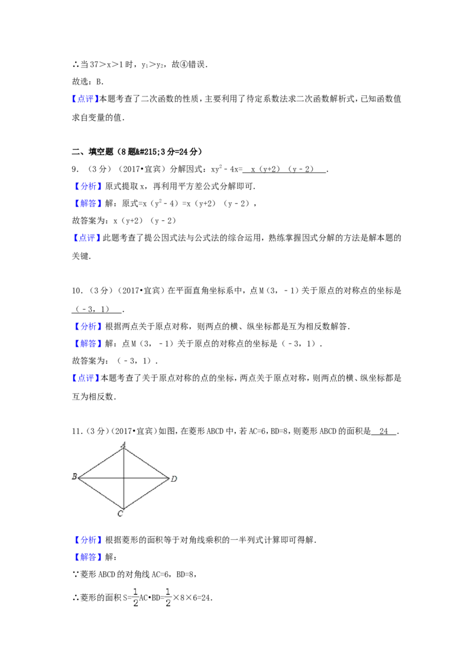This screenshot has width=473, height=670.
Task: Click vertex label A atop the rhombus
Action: point(124,444)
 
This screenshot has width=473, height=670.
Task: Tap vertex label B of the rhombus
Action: point(74,477)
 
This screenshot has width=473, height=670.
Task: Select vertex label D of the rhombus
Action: point(173,478)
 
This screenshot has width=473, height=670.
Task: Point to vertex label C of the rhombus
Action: point(120,514)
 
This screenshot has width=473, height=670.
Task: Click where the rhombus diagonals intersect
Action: point(124,477)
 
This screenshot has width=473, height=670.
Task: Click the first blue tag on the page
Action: point(85,99)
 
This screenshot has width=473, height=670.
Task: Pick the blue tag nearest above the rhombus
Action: point(85,378)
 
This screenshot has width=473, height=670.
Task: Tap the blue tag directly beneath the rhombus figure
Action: point(88,540)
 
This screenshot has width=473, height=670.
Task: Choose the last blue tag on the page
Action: point(88,556)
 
